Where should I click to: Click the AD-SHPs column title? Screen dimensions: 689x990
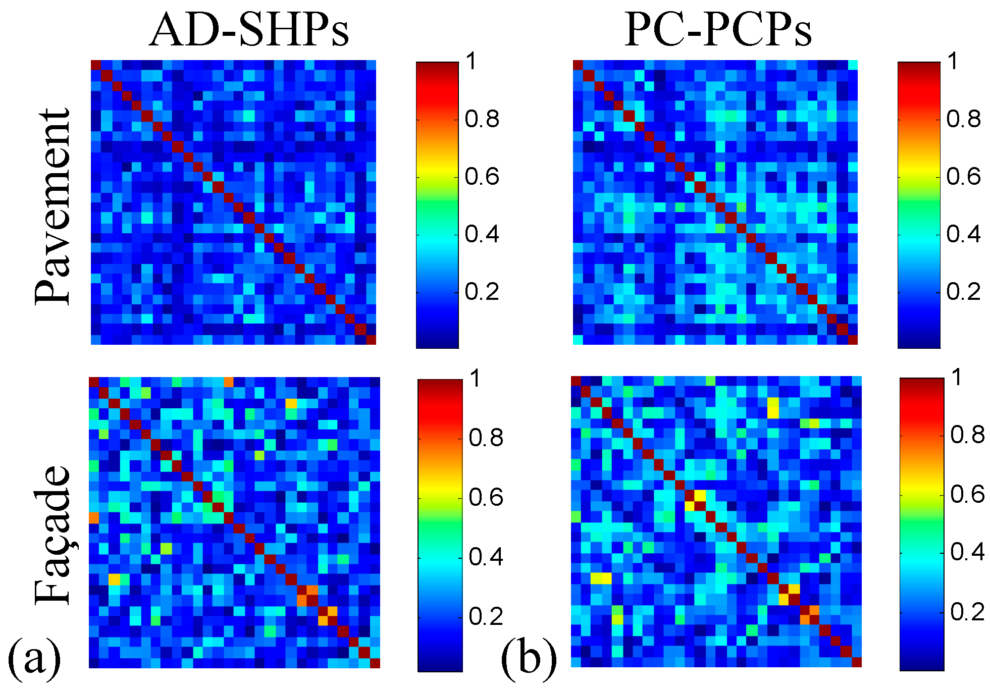click(249, 29)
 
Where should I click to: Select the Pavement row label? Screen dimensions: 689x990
click(53, 206)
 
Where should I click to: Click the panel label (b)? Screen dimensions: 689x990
click(528, 658)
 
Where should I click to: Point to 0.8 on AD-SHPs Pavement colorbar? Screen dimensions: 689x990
click(482, 120)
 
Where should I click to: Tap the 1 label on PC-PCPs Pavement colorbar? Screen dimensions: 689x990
click(953, 62)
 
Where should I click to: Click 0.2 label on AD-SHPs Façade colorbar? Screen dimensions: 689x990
click(486, 617)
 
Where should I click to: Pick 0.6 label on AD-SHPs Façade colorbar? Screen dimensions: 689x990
click(486, 498)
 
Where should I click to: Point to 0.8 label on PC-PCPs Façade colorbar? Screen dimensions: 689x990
click(967, 435)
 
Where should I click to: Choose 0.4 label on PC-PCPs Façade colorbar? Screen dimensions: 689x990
click(967, 552)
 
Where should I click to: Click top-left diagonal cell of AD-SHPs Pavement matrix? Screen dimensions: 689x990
click(96, 65)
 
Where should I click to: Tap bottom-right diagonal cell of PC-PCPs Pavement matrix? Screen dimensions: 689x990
click(853, 340)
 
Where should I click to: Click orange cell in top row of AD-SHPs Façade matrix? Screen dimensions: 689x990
click(229, 382)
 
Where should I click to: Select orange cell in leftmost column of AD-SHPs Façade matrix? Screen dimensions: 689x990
click(94, 518)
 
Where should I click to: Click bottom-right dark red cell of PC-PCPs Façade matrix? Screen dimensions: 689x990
click(856, 662)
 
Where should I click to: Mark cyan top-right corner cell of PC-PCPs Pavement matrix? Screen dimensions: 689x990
click(853, 65)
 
